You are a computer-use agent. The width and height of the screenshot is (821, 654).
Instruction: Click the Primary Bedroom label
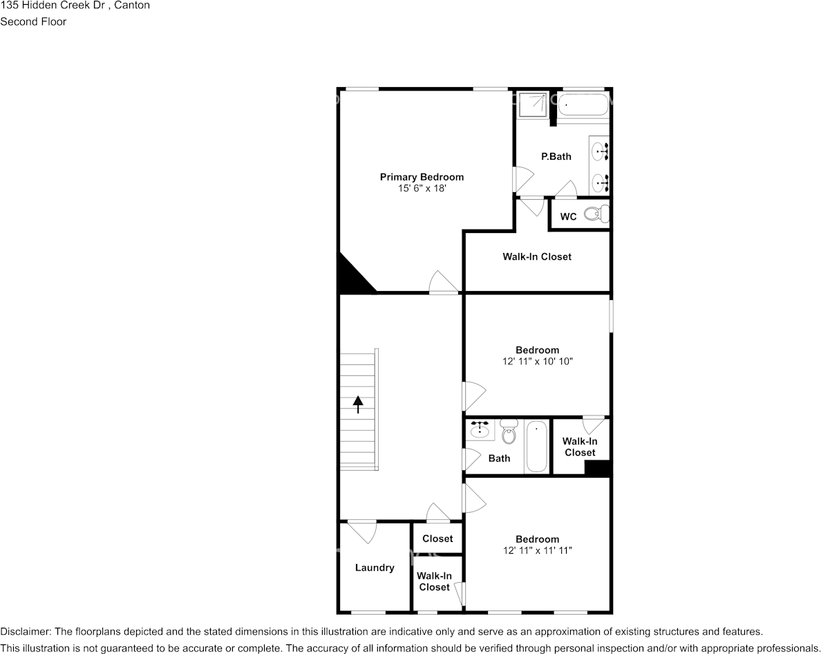tap(422, 177)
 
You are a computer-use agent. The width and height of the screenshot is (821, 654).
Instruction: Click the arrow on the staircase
tap(358, 404)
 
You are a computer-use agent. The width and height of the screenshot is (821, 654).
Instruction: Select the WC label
tap(568, 217)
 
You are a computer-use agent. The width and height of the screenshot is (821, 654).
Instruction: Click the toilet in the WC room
tap(596, 214)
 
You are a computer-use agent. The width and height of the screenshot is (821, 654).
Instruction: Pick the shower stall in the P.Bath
tap(534, 104)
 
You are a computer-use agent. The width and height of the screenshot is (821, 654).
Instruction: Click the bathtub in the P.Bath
tap(583, 106)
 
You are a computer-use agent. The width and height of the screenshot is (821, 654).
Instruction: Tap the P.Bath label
tap(556, 156)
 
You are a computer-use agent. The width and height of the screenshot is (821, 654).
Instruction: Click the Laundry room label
tap(375, 568)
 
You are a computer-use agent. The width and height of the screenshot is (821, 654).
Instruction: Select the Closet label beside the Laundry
tap(437, 539)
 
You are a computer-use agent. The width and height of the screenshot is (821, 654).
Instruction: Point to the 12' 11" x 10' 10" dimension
tap(537, 361)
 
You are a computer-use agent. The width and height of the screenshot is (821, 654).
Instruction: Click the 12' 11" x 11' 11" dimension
tap(537, 550)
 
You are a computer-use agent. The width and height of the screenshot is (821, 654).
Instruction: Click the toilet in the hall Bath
tap(509, 434)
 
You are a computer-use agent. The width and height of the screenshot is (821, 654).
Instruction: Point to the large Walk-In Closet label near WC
tap(536, 256)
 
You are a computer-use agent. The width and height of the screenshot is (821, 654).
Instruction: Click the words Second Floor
tap(33, 21)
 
